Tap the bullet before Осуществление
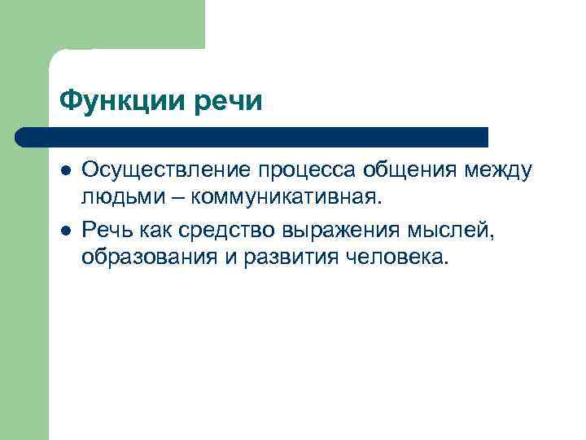tap(65, 169)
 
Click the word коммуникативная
tap(286, 198)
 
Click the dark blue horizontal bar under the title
tap(252, 136)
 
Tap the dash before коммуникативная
tap(180, 197)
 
